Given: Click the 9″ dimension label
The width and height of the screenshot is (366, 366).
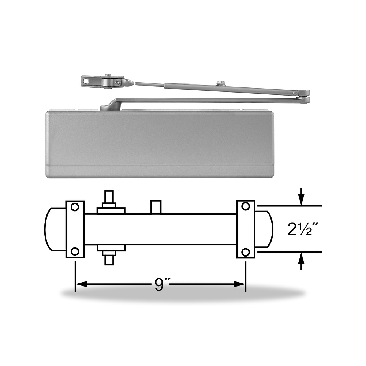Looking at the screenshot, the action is click(160, 284).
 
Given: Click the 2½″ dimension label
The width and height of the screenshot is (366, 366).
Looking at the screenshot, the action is click(303, 229).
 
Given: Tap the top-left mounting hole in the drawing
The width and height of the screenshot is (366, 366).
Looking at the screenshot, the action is click(75, 207).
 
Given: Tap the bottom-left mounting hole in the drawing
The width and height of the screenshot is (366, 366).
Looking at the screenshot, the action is click(75, 252).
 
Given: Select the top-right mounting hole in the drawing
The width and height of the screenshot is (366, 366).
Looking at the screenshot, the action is click(246, 206).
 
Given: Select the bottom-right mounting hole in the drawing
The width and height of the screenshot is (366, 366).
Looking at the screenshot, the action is click(246, 252).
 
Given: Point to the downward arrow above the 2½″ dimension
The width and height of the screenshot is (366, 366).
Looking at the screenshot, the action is click(301, 197).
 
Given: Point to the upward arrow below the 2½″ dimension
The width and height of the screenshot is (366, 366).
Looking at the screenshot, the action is click(301, 261).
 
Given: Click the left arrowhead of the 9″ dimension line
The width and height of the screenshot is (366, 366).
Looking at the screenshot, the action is click(81, 284).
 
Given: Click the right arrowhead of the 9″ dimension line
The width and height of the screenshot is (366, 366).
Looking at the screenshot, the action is click(239, 284).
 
